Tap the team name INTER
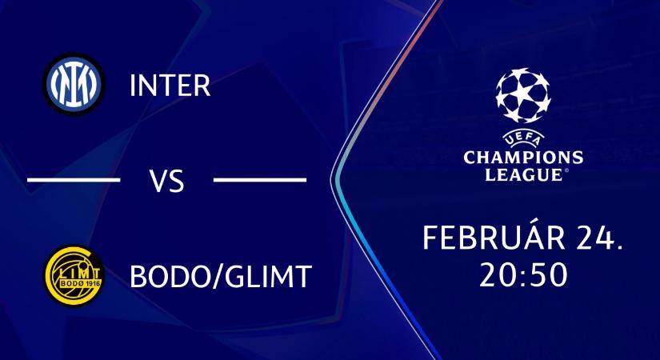[x=170, y=86]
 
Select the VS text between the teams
[x=167, y=182]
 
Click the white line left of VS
[x=74, y=180]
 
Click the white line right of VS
[x=260, y=180]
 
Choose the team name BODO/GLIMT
[x=220, y=277]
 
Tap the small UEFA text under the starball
[x=523, y=138]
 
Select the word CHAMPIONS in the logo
[x=523, y=156]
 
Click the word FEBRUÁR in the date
[x=490, y=238]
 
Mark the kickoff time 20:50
[x=523, y=274]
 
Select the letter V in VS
[x=158, y=182]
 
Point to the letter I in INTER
[x=133, y=86]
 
